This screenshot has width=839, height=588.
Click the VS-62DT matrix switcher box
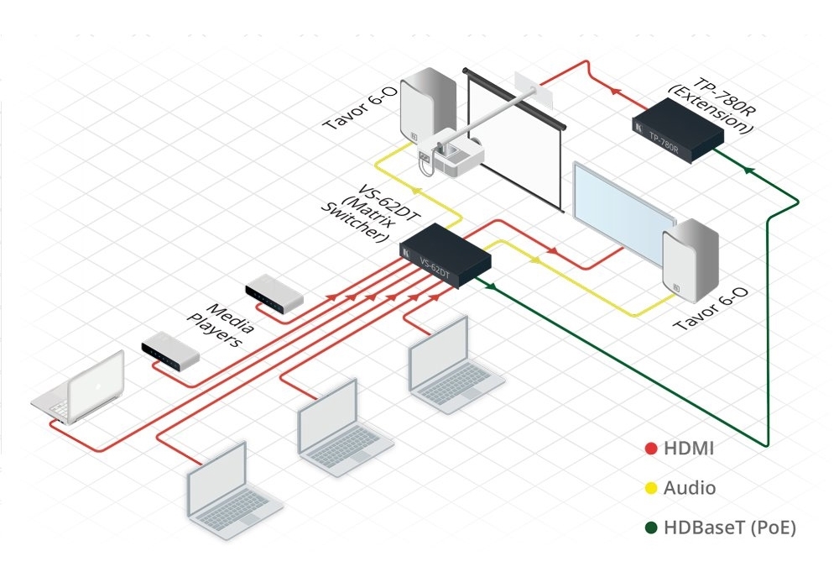446,257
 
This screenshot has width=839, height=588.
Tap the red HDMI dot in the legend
650,449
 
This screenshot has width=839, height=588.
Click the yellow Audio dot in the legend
650,487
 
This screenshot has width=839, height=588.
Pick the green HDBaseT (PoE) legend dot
650,528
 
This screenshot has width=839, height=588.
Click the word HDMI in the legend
689,449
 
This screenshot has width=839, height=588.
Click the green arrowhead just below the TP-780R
746,171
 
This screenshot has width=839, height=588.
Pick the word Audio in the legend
690,487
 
